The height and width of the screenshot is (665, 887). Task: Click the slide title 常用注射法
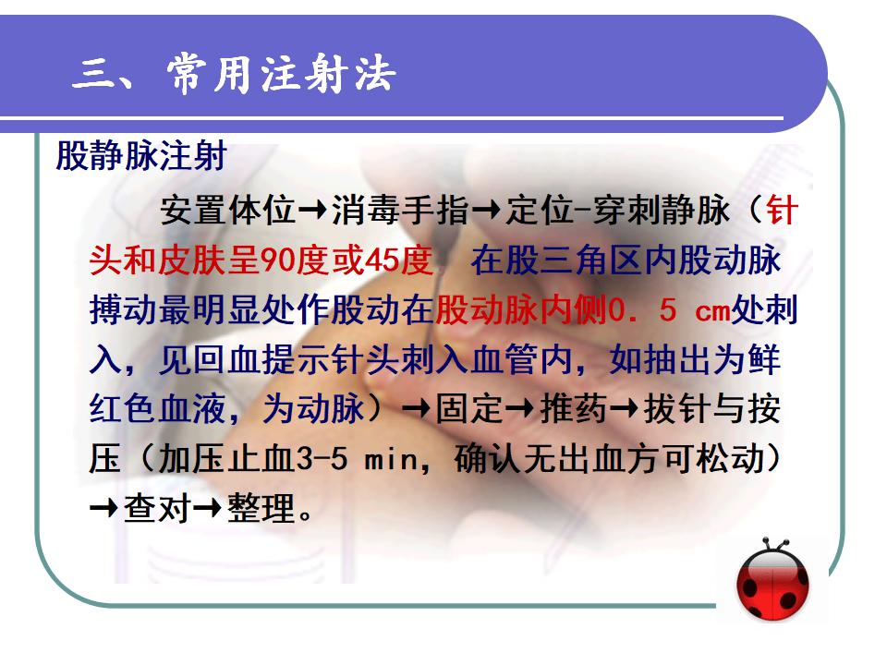pos(281,74)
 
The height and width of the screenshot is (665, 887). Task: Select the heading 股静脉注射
pos(141,155)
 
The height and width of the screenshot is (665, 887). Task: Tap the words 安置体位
pos(228,210)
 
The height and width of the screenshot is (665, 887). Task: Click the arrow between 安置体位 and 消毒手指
pos(313,211)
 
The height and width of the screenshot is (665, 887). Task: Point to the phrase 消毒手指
pos(400,210)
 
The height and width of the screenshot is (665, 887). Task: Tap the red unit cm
pos(712,311)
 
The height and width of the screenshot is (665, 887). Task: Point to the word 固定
pos(469,409)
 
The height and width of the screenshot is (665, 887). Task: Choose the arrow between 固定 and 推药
pos(520,409)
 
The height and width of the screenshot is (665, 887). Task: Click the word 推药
pos(573,409)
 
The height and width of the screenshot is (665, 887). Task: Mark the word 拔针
pos(677,409)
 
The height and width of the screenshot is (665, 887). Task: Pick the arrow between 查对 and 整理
pos(208,508)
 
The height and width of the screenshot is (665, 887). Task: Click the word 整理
pos(261,508)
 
